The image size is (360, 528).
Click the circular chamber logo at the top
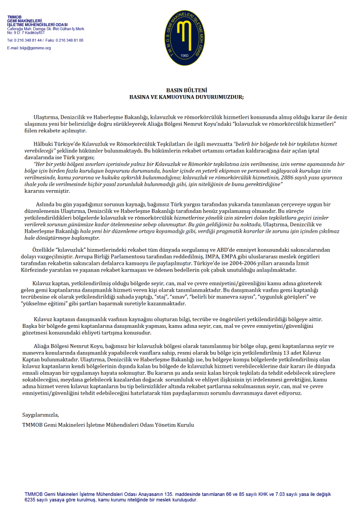pos(182,38)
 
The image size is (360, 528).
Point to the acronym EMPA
pos(218,257)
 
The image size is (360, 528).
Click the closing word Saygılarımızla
pos(40,415)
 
